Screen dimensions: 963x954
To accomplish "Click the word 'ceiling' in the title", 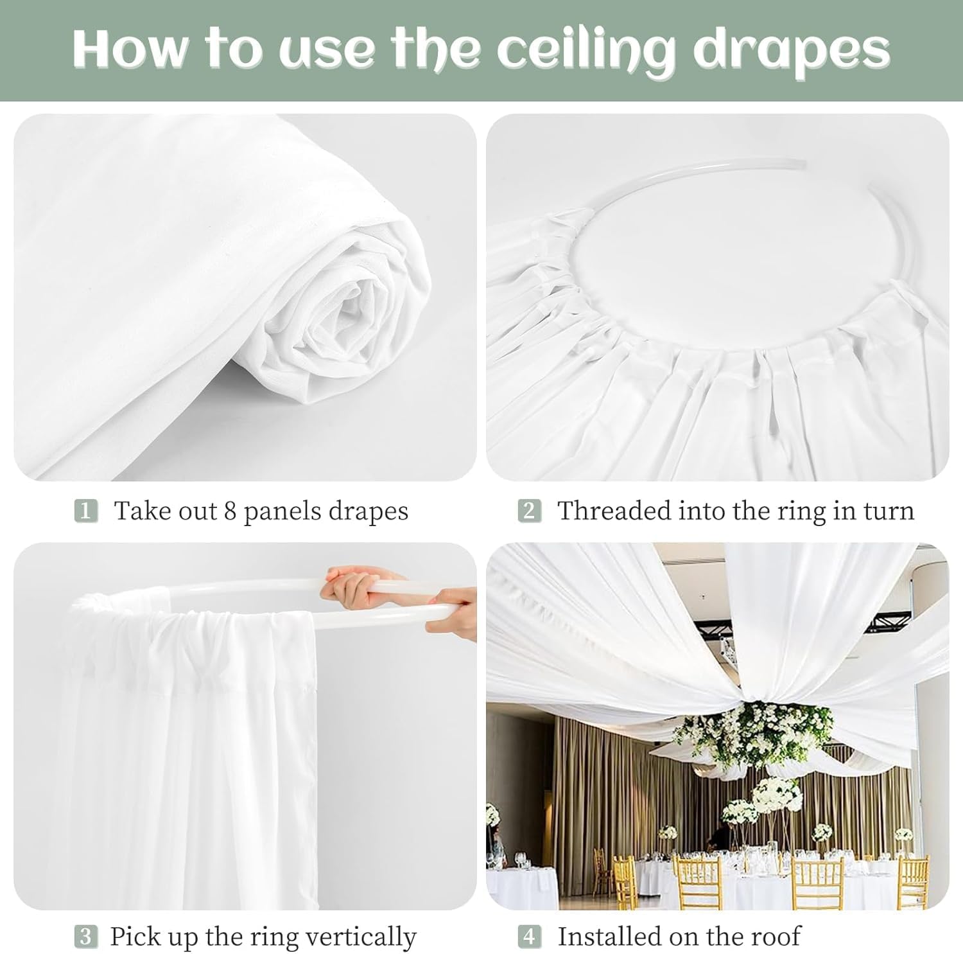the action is [586, 50].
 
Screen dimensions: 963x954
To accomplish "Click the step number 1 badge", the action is [86, 511].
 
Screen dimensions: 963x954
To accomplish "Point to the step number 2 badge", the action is [529, 511].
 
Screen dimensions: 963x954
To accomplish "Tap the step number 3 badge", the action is [86, 937].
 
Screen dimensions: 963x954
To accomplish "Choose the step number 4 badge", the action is [529, 937].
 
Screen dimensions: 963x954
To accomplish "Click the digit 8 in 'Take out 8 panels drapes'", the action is [230, 511].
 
